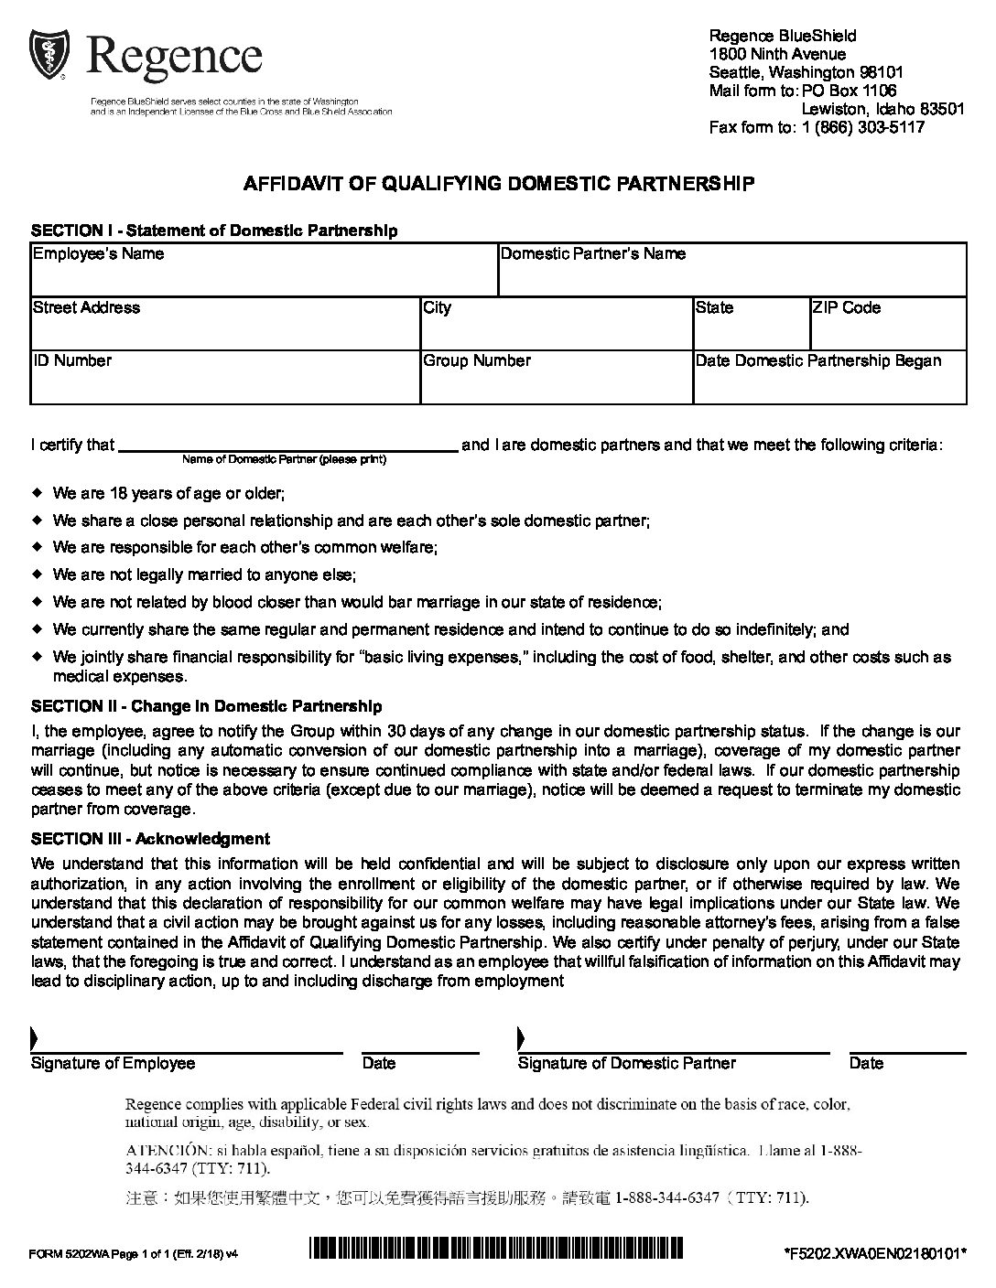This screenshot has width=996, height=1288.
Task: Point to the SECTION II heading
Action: tap(206, 706)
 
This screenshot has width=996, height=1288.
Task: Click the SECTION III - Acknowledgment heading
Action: tap(150, 838)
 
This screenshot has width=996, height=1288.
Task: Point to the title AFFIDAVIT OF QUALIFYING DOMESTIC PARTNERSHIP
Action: tap(498, 184)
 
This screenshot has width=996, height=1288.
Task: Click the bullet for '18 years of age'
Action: tap(38, 493)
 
